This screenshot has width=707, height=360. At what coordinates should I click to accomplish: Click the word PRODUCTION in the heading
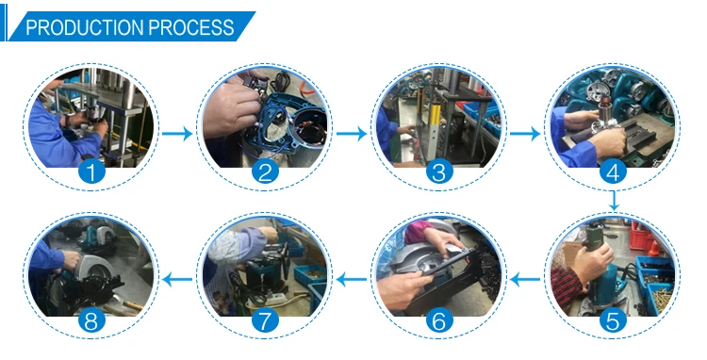[85, 27]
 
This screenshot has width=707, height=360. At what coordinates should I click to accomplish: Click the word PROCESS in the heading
[191, 27]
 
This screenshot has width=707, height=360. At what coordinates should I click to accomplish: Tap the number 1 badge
[91, 172]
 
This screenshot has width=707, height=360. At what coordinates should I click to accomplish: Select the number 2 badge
[265, 172]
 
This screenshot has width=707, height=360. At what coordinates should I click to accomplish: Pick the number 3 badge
[438, 172]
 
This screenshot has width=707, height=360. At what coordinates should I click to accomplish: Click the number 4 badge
[613, 172]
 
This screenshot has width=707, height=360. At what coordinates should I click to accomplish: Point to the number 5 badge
[613, 321]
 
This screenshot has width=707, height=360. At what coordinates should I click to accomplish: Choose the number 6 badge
[438, 321]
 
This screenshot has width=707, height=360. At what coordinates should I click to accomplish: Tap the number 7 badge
[265, 321]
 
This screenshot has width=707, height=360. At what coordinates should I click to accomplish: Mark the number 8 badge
[91, 321]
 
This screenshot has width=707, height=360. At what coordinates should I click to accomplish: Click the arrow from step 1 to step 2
[177, 134]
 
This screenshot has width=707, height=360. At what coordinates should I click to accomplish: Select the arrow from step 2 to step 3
[352, 134]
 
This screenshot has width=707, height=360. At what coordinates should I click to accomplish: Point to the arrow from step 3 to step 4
[525, 134]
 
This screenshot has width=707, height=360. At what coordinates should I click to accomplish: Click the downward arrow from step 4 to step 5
[614, 200]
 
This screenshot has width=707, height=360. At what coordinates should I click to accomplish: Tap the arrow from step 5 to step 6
[525, 280]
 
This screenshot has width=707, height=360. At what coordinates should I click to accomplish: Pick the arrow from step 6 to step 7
[352, 280]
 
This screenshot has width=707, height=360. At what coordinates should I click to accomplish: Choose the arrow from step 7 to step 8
[177, 280]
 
